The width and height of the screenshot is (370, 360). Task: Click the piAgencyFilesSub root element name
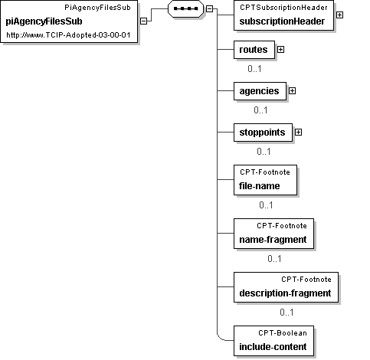[44, 21]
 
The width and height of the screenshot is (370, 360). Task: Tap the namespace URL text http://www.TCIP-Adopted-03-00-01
[68, 35]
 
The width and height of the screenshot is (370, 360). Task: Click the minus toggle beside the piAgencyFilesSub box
[144, 21]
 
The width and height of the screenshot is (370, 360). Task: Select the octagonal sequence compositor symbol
[185, 8]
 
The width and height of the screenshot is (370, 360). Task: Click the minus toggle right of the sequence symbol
[209, 9]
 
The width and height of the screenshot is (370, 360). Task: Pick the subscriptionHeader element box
[283, 15]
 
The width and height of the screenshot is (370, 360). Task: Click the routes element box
[254, 50]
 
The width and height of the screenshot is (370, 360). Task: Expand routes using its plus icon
[280, 49]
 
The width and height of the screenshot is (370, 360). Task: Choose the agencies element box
[260, 91]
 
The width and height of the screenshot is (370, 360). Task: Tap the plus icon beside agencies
[292, 90]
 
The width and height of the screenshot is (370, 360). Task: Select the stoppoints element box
[263, 133]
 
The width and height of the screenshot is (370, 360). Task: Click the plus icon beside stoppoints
[298, 132]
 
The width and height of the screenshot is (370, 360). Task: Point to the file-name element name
[260, 186]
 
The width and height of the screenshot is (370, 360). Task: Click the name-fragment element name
[273, 240]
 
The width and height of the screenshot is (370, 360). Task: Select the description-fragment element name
[285, 293]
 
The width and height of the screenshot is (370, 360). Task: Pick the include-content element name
[273, 347]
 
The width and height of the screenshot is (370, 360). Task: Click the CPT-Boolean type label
[283, 333]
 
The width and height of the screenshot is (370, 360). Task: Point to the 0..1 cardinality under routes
[254, 69]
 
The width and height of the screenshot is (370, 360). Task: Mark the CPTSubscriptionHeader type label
[283, 8]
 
